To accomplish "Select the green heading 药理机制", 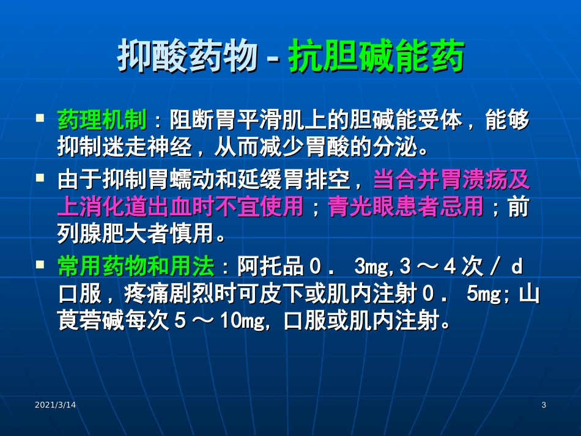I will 102,120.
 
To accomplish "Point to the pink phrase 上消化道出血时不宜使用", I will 180,207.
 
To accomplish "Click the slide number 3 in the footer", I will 544,405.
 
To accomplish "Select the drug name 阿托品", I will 270,267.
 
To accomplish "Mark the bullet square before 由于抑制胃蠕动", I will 40,178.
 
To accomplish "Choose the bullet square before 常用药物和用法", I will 40,264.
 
